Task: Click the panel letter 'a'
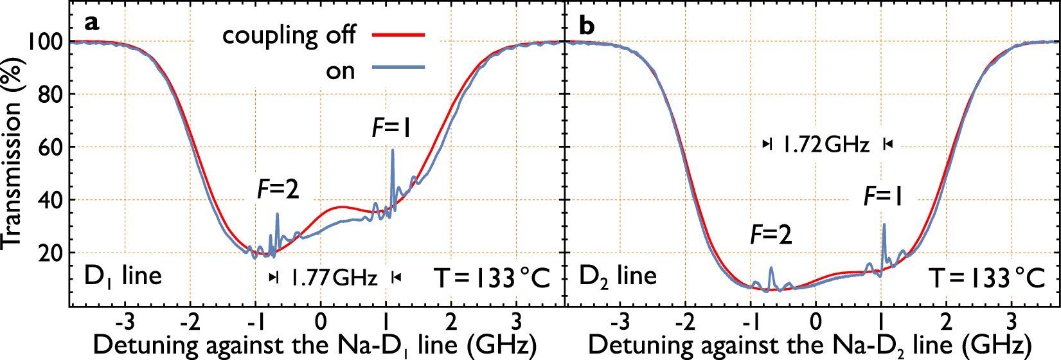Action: tap(93, 24)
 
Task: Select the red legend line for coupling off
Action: tap(398, 34)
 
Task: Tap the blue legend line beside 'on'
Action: tap(398, 67)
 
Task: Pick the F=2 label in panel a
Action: tap(278, 189)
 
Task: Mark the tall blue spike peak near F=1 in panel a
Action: tap(393, 150)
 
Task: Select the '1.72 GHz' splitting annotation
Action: tap(826, 145)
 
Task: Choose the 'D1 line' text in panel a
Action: tap(123, 276)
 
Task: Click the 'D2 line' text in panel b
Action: tap(618, 276)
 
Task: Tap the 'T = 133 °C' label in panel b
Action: tap(986, 278)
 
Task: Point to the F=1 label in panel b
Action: tap(883, 196)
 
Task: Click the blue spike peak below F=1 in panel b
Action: tap(884, 224)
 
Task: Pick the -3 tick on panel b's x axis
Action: tap(620, 320)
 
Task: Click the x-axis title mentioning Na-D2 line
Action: tap(810, 345)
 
